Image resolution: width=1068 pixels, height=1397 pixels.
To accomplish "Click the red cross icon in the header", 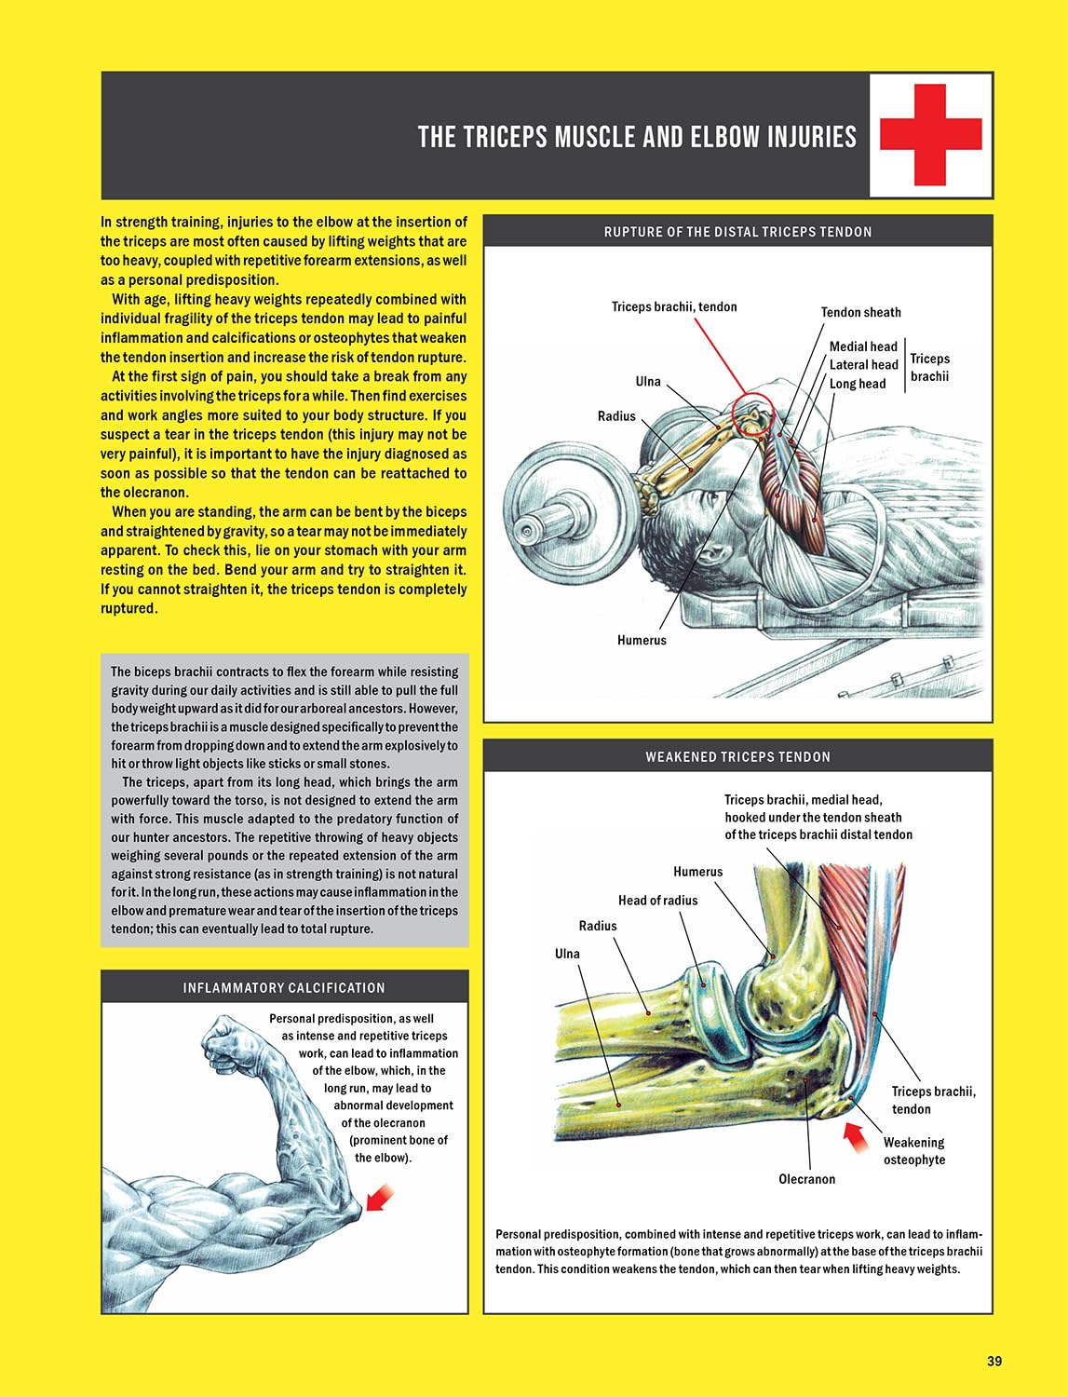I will click(x=930, y=135).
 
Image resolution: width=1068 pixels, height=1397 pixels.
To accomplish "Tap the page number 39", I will click(x=994, y=1361).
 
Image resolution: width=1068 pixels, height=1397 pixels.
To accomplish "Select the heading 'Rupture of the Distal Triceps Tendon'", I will click(x=737, y=232).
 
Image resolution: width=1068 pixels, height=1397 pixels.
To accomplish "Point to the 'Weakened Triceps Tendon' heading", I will click(x=737, y=757).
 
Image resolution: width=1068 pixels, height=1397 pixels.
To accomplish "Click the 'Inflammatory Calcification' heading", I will click(x=284, y=987).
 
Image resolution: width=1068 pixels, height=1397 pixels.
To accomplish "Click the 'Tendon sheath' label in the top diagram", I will click(x=860, y=312).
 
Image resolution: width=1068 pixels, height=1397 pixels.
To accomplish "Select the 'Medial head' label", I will click(x=863, y=346).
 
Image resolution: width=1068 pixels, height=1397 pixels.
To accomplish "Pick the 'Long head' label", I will click(x=858, y=384).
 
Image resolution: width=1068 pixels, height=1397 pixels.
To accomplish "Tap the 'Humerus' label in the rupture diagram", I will click(x=642, y=640).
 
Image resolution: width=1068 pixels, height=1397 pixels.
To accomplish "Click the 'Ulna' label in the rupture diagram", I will click(x=648, y=381).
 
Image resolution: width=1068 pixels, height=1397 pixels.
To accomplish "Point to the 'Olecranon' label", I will click(x=806, y=1179).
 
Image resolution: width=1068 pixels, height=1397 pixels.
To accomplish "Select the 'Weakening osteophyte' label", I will click(x=913, y=1151).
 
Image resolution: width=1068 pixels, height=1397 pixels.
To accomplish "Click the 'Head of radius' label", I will click(x=657, y=900).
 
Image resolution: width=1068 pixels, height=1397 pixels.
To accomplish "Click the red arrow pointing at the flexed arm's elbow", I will click(x=379, y=1198).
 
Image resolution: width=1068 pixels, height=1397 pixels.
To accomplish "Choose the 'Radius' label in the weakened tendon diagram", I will click(x=598, y=926).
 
